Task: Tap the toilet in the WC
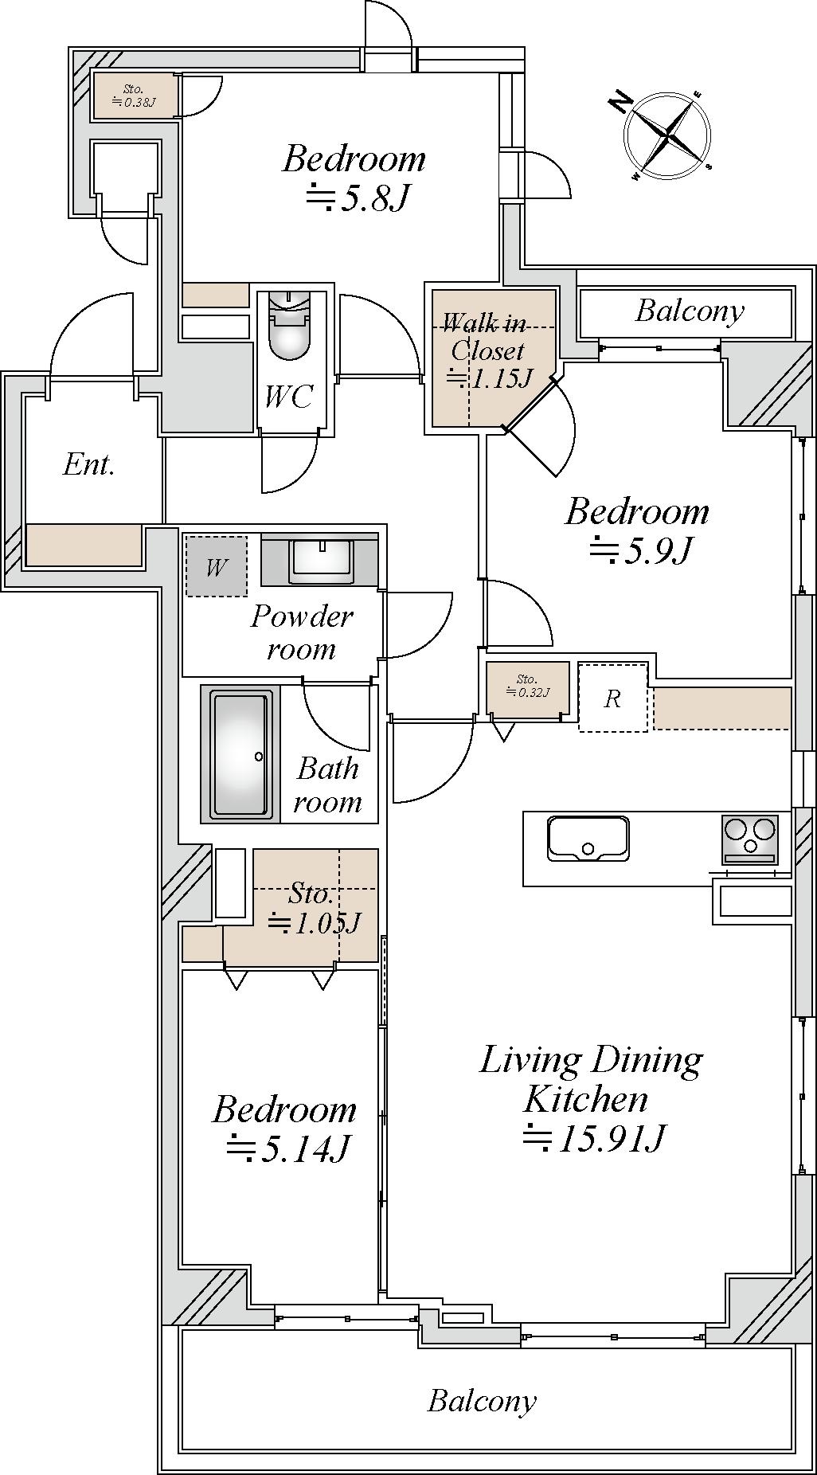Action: coord(288,327)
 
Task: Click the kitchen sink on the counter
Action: coord(588,838)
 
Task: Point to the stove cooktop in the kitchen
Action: coord(749,839)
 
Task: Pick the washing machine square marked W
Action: coord(216,566)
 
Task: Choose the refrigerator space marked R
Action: coord(612,697)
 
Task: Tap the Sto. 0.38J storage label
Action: coord(133,96)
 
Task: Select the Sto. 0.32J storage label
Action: coord(527,686)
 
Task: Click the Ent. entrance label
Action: coord(89,464)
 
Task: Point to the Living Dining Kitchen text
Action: coord(591,1079)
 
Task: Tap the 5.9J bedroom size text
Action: coord(639,550)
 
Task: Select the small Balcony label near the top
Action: coord(690,311)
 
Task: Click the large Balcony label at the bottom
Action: coord(482,1400)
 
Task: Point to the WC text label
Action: coord(289,397)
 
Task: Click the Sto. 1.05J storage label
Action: coord(314,908)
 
